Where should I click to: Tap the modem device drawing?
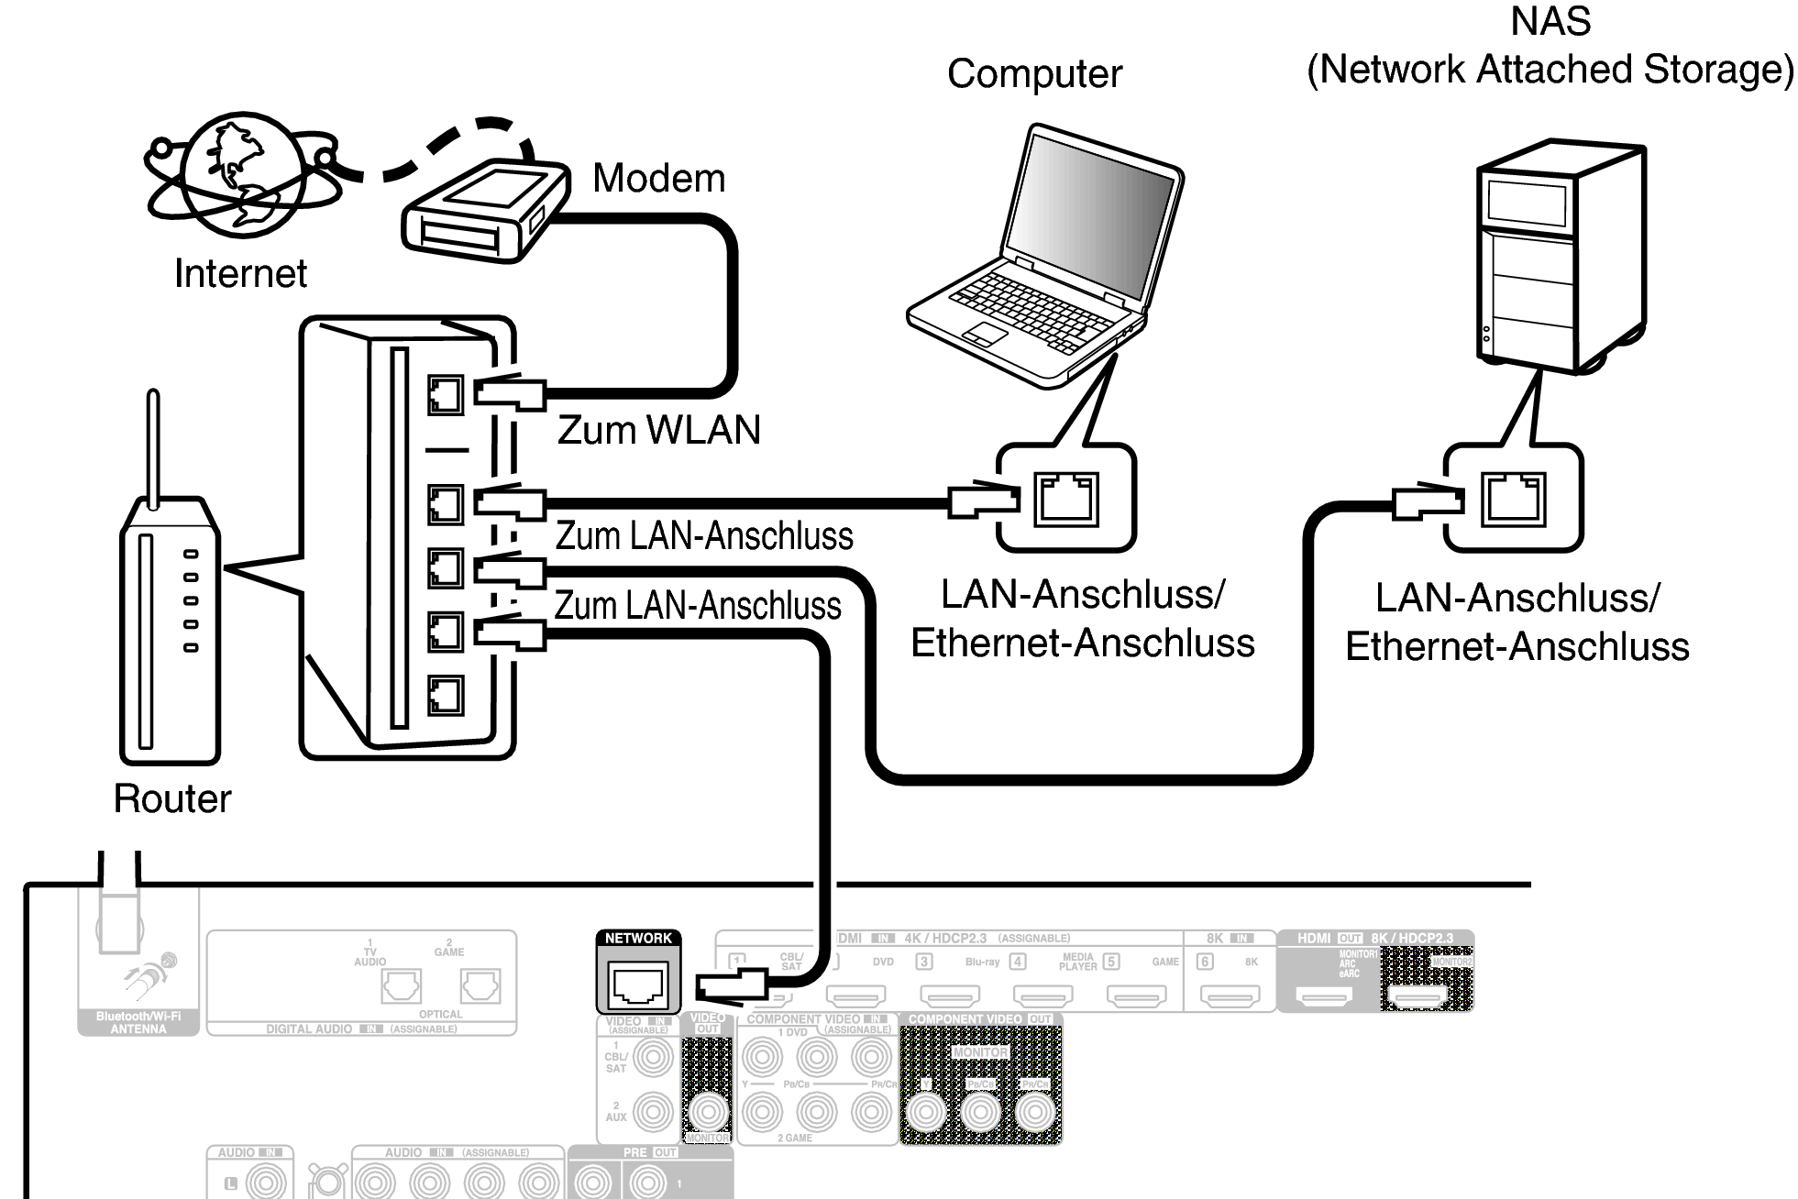[x=484, y=213]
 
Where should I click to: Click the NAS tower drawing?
[x=1559, y=257]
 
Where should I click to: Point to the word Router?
[x=172, y=798]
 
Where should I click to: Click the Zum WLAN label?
[x=659, y=430]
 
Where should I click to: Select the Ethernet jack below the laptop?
[x=1066, y=499]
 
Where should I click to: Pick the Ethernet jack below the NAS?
[x=1514, y=499]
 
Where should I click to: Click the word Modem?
[x=658, y=178]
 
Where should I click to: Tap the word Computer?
[x=1034, y=74]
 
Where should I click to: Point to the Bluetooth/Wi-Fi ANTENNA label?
[x=138, y=1023]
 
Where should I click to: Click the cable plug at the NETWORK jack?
[x=731, y=986]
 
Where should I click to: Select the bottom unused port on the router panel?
[x=446, y=696]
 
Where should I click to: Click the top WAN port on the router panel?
[x=446, y=395]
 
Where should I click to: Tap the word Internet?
[x=240, y=273]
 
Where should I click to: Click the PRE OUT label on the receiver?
[x=649, y=1152]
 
